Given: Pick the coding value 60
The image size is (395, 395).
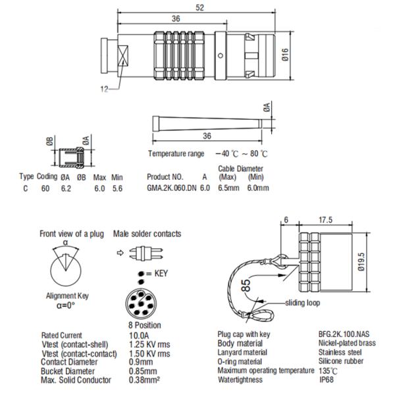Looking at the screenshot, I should (x=45, y=188).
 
